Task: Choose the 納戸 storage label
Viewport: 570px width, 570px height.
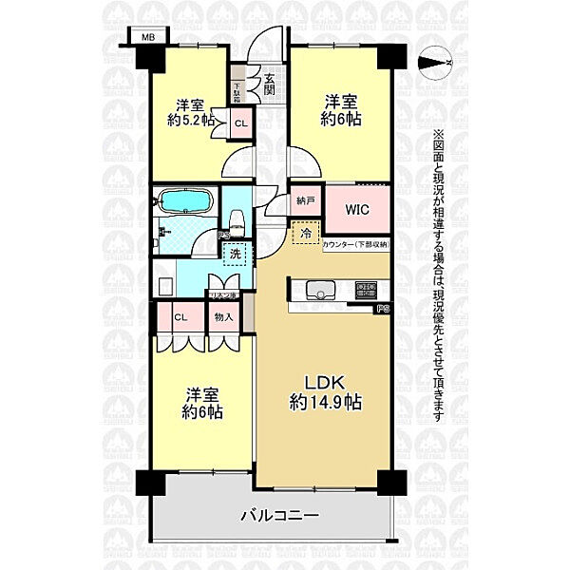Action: click(304, 201)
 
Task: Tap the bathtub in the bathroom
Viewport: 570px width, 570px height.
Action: click(185, 201)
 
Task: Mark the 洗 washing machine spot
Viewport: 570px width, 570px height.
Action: click(235, 254)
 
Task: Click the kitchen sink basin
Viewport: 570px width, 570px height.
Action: click(319, 291)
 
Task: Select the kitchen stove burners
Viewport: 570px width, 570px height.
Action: click(366, 290)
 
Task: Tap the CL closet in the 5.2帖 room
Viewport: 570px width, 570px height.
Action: click(239, 122)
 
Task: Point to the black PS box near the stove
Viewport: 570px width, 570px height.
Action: click(382, 308)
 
